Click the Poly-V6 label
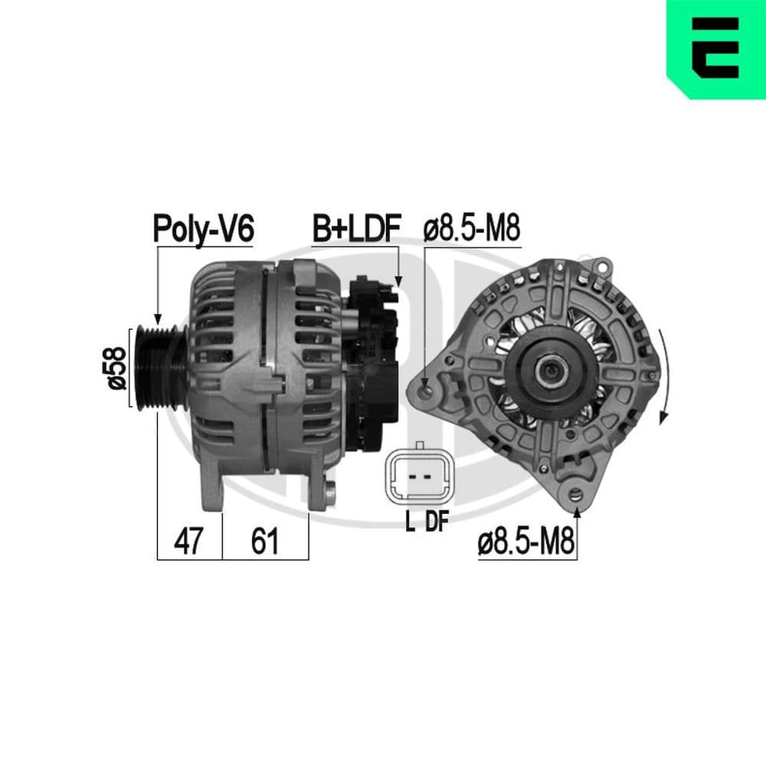coord(203,228)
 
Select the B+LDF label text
coord(356,228)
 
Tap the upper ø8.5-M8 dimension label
coord(472,228)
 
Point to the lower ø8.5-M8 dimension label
coord(527,543)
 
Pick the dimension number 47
coord(188,542)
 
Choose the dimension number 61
coord(265,542)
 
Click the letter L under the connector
coord(410,522)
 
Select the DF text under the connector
coord(437,522)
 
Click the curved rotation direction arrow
coord(663,375)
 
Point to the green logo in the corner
coord(716,50)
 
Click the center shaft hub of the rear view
coord(549,373)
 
